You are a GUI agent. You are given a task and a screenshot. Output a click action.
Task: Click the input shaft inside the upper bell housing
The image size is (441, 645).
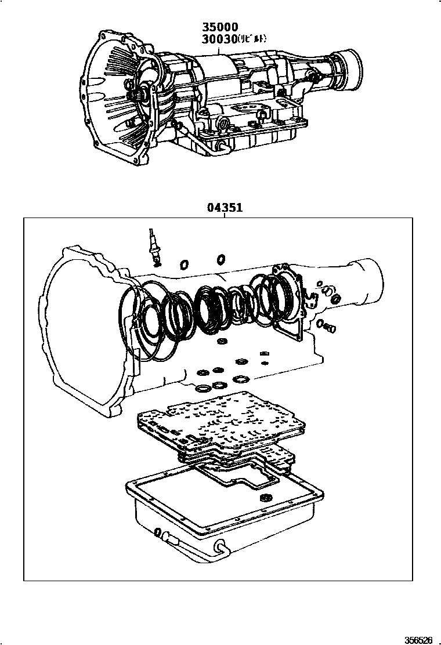(x=140, y=95)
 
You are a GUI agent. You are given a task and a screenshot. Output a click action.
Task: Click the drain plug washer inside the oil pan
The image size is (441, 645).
(x=266, y=498)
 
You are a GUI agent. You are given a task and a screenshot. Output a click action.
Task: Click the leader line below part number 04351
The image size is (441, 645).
(x=223, y=215)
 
